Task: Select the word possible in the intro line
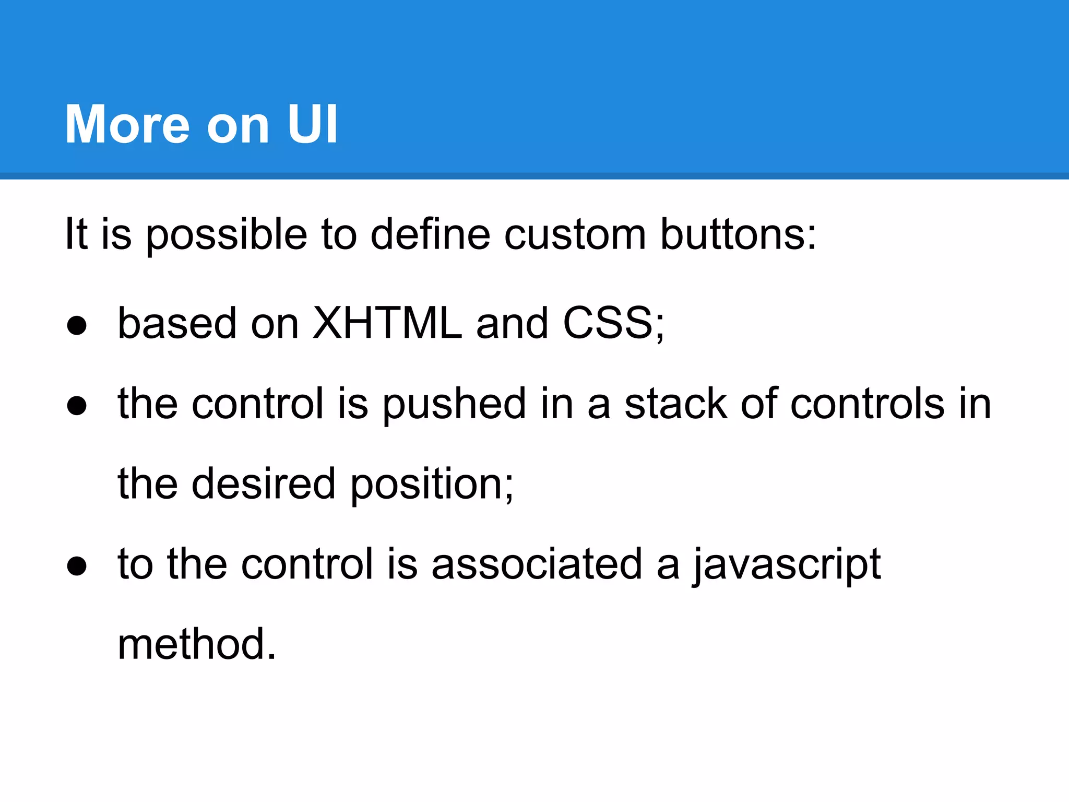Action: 226,235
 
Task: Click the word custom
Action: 575,235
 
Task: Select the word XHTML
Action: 387,323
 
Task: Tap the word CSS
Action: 608,323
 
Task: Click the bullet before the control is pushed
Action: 77,406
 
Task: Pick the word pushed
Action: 454,405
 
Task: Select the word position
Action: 431,485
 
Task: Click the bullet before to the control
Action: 77,566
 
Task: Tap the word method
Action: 196,644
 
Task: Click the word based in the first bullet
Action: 177,323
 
